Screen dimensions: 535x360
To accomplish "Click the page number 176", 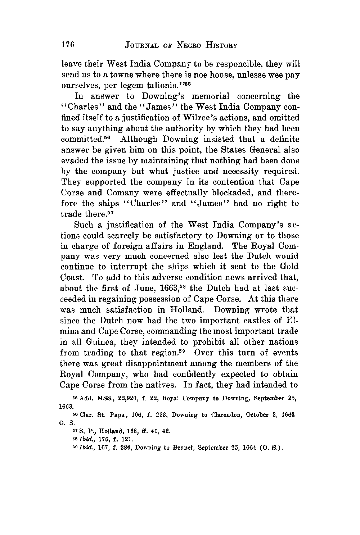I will tap(68, 45).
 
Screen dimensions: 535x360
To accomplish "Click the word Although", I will tap(139, 139).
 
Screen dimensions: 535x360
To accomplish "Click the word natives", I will tap(161, 385).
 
